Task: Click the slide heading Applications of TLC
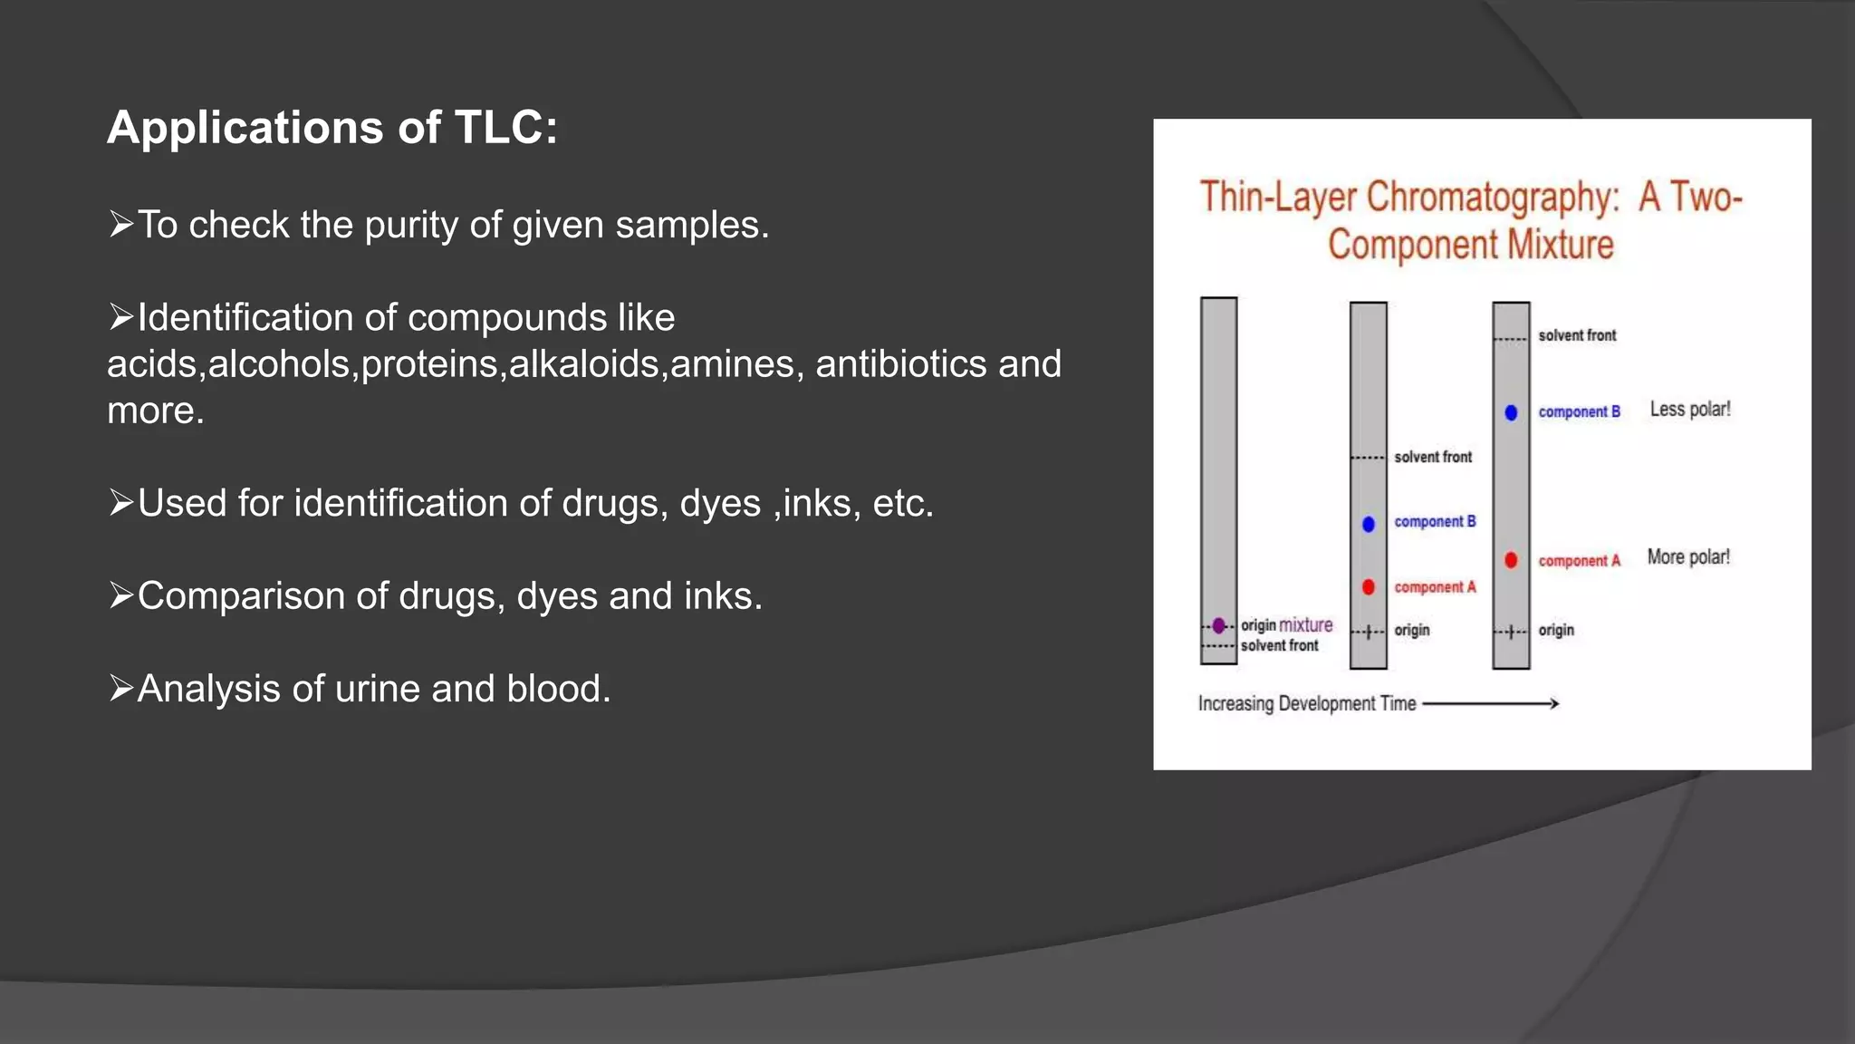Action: [x=332, y=127]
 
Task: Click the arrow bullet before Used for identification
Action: [x=120, y=502]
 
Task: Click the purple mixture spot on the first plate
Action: [x=1219, y=625]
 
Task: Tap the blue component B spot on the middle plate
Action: [x=1369, y=524]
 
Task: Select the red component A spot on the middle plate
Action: [x=1369, y=587]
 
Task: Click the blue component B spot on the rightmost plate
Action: [x=1511, y=412]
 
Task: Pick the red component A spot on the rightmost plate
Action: [x=1511, y=560]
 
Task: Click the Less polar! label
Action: [x=1689, y=410]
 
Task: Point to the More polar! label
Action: [x=1687, y=557]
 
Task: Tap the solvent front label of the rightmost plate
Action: [x=1577, y=335]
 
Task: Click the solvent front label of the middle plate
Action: [x=1433, y=457]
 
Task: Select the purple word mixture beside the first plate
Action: [x=1305, y=625]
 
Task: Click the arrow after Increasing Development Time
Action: [x=1491, y=703]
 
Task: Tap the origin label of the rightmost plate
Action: [x=1556, y=630]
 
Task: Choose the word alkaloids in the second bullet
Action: [x=584, y=364]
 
